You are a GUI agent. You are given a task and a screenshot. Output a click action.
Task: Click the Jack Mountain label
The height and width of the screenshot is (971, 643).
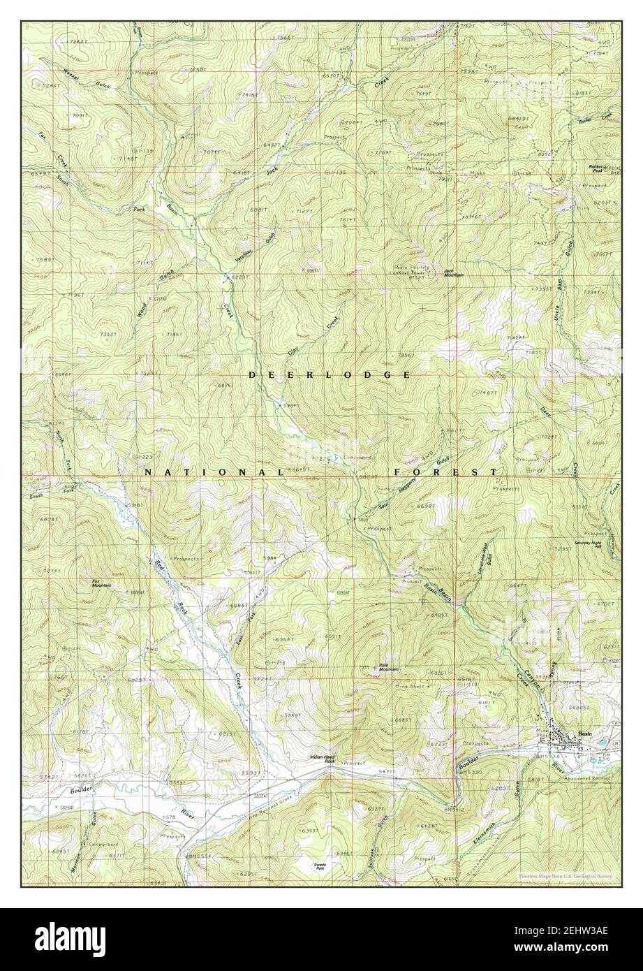point(454,273)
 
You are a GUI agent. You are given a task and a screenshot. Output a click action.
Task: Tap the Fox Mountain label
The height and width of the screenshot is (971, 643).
point(101,583)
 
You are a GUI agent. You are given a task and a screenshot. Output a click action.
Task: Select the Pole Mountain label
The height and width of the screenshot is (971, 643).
point(388,667)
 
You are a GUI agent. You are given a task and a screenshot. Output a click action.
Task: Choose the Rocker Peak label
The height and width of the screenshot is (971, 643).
point(596,168)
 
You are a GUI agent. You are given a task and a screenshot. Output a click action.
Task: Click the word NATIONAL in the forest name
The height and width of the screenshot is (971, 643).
point(213,472)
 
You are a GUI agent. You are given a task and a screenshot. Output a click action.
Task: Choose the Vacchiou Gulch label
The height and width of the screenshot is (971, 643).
point(253,249)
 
